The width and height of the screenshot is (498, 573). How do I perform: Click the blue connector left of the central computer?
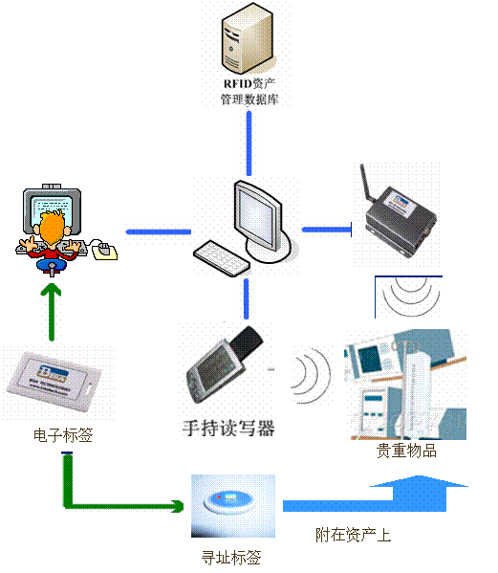pyautogui.click(x=157, y=230)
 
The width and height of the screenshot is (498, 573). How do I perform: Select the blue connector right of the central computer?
pyautogui.click(x=325, y=230)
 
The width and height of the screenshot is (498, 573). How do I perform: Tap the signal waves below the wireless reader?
pyautogui.click(x=408, y=297)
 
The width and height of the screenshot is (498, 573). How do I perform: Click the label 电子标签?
pyautogui.click(x=63, y=435)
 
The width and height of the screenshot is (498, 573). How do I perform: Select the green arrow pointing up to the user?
pyautogui.click(x=49, y=311)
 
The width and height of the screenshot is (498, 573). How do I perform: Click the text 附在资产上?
pyautogui.click(x=353, y=535)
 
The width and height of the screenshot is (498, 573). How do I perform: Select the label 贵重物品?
pyautogui.click(x=406, y=450)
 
